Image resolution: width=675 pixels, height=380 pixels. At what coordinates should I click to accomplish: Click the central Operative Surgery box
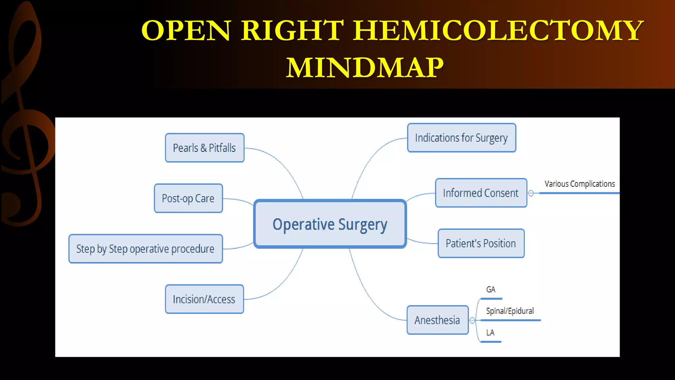[330, 224]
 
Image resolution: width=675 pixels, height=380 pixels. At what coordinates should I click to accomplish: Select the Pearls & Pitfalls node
[204, 148]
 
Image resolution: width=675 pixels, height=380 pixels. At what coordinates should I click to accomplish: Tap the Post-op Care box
[188, 198]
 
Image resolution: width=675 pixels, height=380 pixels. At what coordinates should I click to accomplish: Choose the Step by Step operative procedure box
[145, 249]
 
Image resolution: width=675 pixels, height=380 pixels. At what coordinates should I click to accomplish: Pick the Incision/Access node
[204, 299]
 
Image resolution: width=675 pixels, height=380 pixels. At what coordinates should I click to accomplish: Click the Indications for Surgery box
[461, 138]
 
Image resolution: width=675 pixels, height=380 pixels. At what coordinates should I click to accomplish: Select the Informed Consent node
[481, 193]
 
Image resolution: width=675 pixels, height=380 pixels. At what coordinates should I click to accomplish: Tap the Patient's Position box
[481, 243]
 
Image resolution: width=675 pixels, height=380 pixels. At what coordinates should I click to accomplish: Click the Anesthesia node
[437, 320]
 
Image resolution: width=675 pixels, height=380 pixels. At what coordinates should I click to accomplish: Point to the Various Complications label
[579, 184]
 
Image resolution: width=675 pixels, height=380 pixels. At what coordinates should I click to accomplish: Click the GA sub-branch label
[491, 290]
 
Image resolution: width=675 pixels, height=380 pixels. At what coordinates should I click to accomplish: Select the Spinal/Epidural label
[510, 311]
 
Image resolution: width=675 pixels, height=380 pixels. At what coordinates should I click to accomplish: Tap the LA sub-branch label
[490, 332]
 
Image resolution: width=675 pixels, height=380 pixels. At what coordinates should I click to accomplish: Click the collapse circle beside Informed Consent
[531, 193]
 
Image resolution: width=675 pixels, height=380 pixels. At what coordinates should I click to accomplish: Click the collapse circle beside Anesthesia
[472, 320]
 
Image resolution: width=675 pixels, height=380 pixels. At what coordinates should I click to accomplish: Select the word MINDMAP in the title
[365, 68]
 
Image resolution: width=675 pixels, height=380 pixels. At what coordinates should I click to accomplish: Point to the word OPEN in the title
[186, 30]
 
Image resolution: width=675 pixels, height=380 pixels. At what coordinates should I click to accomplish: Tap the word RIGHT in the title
[292, 30]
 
